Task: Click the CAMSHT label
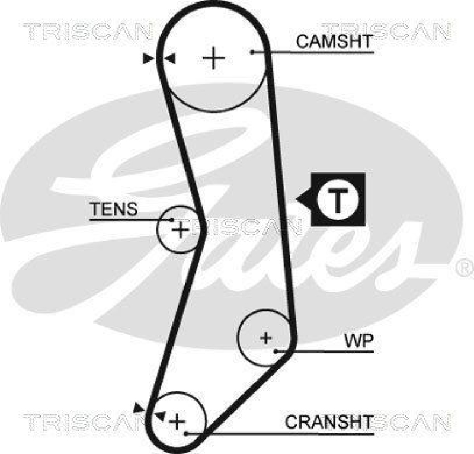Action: [x=334, y=41]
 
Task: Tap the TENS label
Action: [x=113, y=209]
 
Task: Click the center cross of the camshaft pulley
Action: [x=213, y=58]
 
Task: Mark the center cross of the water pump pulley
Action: [x=266, y=338]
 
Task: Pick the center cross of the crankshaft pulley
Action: [x=177, y=421]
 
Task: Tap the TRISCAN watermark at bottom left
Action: [x=83, y=422]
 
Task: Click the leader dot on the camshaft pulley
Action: [x=252, y=52]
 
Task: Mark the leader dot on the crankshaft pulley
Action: [x=186, y=433]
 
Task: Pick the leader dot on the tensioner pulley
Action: [x=172, y=220]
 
